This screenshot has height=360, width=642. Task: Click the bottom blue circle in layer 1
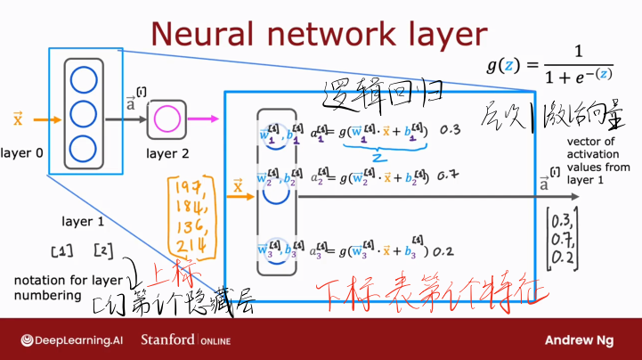(x=83, y=147)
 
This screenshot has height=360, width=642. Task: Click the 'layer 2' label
(x=167, y=153)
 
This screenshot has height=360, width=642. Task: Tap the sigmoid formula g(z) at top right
(x=549, y=65)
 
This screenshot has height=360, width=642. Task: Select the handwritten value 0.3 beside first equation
(x=451, y=130)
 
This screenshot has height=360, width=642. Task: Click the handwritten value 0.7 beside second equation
(x=448, y=175)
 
